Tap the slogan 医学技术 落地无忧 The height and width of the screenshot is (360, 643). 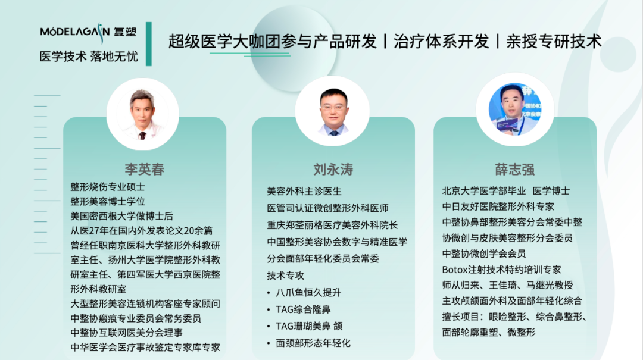point(89,56)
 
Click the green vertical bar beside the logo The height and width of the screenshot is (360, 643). point(149,44)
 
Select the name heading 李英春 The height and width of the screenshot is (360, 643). point(144,170)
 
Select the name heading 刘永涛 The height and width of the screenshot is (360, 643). point(333,170)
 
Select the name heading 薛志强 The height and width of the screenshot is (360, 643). point(514,170)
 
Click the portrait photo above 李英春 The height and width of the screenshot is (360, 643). point(143,114)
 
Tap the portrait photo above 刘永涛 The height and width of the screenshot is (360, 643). point(333,111)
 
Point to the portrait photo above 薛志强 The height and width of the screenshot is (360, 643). point(515,110)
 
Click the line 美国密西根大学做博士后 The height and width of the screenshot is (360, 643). point(122,216)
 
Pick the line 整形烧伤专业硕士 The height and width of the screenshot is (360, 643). point(107,187)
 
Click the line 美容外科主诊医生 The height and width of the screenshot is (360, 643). point(304,191)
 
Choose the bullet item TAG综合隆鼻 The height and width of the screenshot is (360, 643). point(303,309)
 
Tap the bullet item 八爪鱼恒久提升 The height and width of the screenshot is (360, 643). point(308,292)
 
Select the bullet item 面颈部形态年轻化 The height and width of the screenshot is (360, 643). point(313,343)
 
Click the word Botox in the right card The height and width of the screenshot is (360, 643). point(455,270)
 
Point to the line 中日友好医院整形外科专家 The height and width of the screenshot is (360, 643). point(498,206)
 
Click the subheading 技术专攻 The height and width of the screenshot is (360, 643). point(285,276)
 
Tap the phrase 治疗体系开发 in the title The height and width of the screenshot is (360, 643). point(441,42)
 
